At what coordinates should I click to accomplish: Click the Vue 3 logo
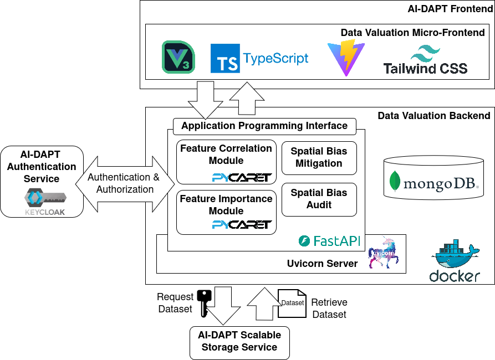click(x=178, y=57)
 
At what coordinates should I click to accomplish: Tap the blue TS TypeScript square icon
click(x=225, y=58)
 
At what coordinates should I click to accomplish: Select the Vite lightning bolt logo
click(x=346, y=58)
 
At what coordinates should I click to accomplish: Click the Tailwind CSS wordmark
click(x=425, y=69)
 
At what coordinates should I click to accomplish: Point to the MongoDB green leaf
click(x=395, y=181)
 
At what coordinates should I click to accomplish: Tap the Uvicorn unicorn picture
click(x=383, y=253)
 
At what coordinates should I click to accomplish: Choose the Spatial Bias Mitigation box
click(x=319, y=158)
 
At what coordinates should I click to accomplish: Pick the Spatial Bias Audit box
click(x=319, y=199)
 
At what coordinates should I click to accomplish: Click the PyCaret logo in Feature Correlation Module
click(x=242, y=178)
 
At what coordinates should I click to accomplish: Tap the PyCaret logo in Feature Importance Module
click(x=242, y=224)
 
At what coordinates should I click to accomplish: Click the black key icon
click(x=204, y=303)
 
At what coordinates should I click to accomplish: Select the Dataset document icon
click(x=292, y=304)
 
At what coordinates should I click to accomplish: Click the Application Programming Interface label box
click(x=264, y=126)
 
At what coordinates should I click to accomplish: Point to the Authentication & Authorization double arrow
click(x=125, y=184)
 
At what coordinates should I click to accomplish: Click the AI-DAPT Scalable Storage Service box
click(x=239, y=343)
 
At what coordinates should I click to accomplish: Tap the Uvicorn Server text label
click(x=322, y=264)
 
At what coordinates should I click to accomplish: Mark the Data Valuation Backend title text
click(x=434, y=116)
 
